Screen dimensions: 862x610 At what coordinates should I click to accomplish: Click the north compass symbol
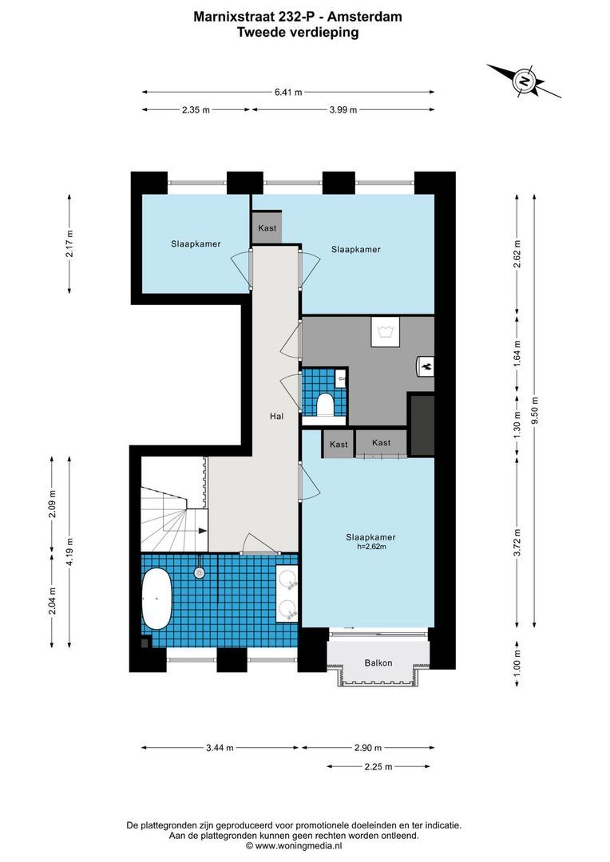(x=525, y=80)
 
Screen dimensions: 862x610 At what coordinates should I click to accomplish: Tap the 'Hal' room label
(x=276, y=416)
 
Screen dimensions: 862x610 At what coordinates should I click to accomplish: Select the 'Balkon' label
(x=378, y=662)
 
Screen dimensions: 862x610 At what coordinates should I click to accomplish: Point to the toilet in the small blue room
(x=326, y=405)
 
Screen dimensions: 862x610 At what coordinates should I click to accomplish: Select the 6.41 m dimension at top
(x=288, y=92)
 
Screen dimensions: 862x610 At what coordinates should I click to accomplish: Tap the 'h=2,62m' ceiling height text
(x=371, y=547)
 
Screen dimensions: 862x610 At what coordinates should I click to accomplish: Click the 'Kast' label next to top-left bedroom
(x=267, y=228)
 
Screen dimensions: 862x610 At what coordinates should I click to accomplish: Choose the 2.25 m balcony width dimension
(x=378, y=766)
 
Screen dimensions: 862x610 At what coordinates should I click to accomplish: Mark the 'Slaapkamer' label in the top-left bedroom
(x=195, y=243)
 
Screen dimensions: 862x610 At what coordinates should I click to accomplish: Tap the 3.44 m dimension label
(x=220, y=748)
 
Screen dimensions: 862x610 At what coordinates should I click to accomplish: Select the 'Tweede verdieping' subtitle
(x=298, y=33)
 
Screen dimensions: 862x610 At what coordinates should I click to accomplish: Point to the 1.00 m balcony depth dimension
(x=517, y=661)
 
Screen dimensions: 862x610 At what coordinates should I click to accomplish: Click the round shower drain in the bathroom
(x=199, y=571)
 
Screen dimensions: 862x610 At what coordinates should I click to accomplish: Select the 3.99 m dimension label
(x=342, y=110)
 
